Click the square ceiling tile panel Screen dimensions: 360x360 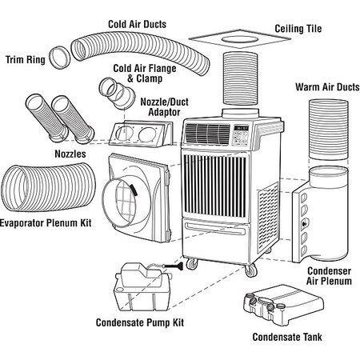click(x=240, y=41)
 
